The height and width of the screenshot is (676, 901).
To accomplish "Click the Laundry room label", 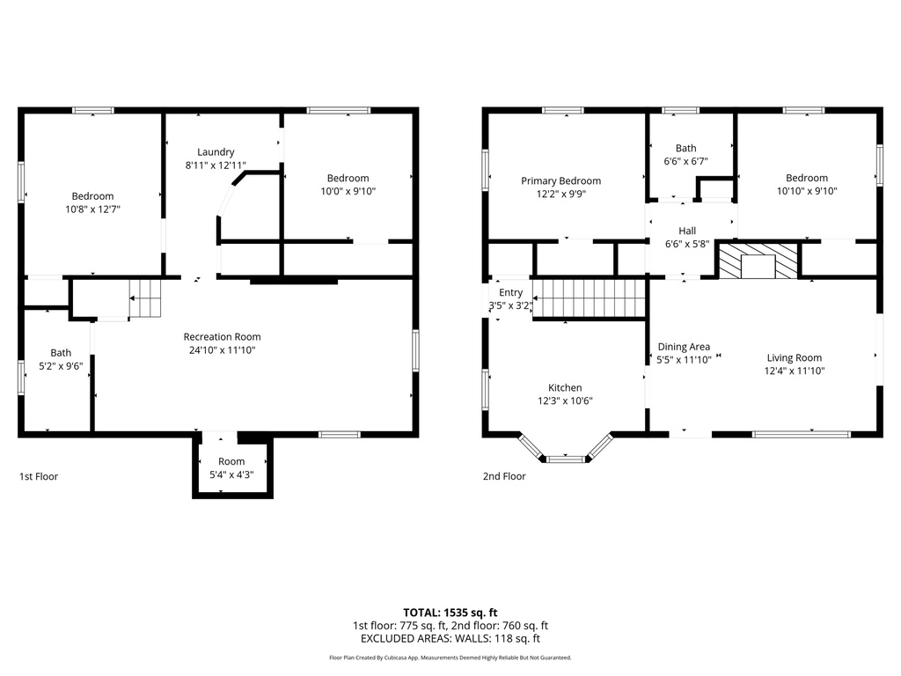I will (x=216, y=151).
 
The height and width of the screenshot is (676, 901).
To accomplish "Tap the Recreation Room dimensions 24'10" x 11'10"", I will (x=222, y=350).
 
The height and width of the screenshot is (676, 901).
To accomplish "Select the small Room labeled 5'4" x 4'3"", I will (x=231, y=467).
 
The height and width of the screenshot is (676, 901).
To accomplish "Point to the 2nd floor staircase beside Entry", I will (x=592, y=298).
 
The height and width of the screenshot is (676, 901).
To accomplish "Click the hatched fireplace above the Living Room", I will (x=758, y=261).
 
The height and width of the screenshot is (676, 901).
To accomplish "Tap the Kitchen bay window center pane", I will (x=565, y=459).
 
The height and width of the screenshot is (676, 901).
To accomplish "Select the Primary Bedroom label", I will (x=560, y=180).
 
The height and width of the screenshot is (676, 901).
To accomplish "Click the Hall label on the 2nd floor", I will (x=687, y=231).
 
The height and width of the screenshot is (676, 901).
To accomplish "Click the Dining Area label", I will (x=684, y=347).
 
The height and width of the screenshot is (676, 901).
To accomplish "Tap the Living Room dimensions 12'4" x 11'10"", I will (x=794, y=371).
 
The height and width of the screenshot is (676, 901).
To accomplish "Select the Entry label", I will (x=510, y=292).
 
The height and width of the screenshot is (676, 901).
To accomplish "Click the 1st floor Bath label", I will (x=61, y=352).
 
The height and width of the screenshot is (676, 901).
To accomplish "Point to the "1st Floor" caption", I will (x=39, y=476).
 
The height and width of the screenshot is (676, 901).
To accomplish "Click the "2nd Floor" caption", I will (x=504, y=476).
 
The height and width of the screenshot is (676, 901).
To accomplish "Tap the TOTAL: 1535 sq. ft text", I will (x=450, y=612).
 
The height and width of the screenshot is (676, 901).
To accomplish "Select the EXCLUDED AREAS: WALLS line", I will (x=450, y=638).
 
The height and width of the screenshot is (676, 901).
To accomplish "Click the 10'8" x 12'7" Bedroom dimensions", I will (x=92, y=209).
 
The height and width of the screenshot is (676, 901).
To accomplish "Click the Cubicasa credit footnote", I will (x=450, y=658).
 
